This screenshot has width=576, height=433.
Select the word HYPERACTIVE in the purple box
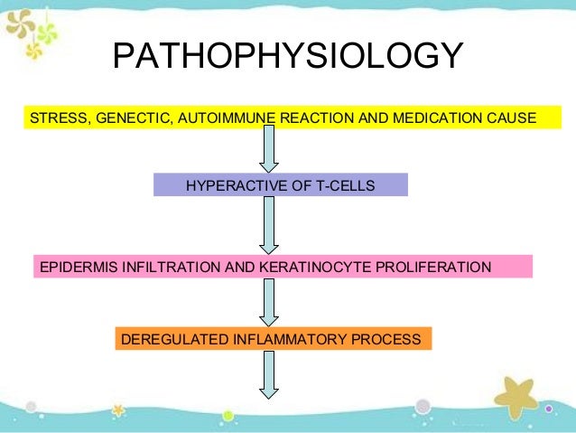point(226,185)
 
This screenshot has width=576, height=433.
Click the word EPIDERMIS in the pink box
point(71,267)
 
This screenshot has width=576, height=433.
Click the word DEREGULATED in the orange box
point(164,339)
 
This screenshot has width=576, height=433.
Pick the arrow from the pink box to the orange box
point(269,301)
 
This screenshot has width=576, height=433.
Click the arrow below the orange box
point(269,374)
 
